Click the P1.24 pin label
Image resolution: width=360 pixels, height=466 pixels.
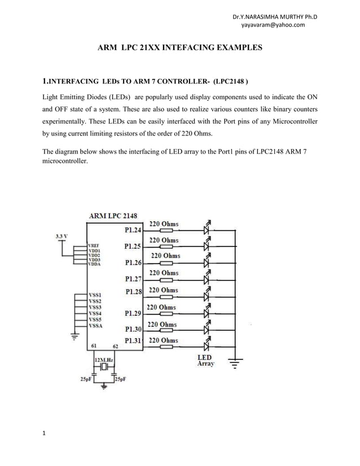[x=134, y=230]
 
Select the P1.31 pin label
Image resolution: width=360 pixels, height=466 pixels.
[x=134, y=340]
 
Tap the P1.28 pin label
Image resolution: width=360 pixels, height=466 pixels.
[x=134, y=292]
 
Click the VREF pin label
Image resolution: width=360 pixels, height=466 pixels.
[x=94, y=245]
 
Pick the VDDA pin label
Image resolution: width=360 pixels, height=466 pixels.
[x=94, y=265]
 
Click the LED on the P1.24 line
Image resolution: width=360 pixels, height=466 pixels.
[x=207, y=230]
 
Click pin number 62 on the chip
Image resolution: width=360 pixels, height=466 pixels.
[x=115, y=346]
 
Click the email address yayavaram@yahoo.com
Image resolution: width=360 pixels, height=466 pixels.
[x=273, y=25]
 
